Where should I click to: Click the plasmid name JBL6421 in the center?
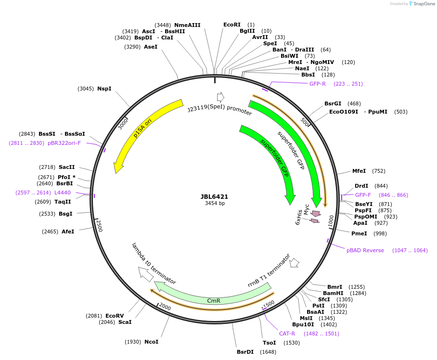tap(215, 196)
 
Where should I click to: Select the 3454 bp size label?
tap(215, 204)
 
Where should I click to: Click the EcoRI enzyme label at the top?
tap(231, 25)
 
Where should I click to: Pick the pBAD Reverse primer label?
tap(365, 250)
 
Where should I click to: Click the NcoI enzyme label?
tap(151, 342)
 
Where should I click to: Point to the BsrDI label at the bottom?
tap(245, 352)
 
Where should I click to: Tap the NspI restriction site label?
tap(104, 89)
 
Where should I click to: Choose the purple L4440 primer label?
tap(63, 193)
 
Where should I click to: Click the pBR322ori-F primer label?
tap(64, 143)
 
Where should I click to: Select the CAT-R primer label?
tap(287, 334)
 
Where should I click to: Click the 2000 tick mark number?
tap(165, 307)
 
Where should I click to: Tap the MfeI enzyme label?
tap(359, 171)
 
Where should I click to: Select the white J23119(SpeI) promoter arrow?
tap(220, 97)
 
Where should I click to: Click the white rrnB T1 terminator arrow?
tap(294, 262)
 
